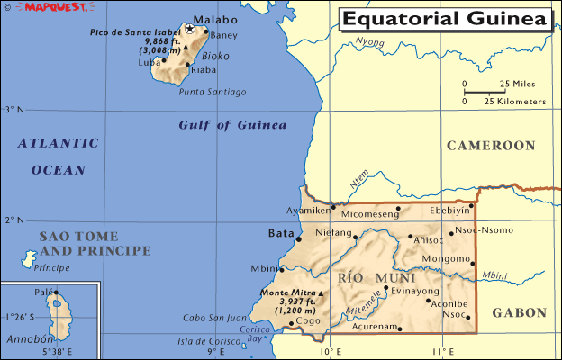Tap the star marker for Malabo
[189, 28]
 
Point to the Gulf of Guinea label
[232, 125]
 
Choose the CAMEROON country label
[491, 145]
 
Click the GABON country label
[519, 312]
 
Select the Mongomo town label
[446, 258]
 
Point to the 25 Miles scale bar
[485, 90]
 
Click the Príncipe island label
[51, 268]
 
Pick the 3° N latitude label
[14, 109]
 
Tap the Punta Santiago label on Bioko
[213, 92]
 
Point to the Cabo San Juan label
[215, 317]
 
